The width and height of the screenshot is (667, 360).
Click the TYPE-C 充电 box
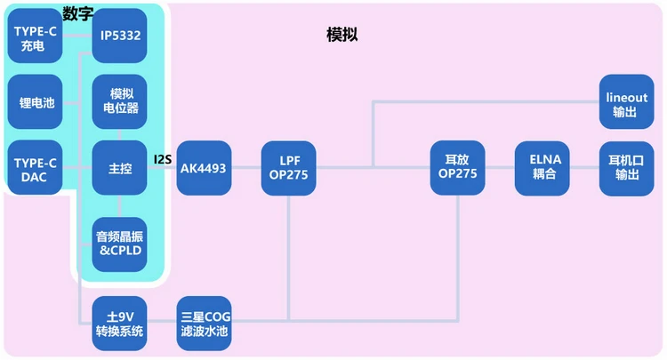(x=35, y=36)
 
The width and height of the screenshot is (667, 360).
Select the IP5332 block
(x=119, y=36)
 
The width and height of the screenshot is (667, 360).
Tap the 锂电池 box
(x=35, y=102)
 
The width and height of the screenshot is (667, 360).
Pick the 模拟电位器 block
(x=119, y=101)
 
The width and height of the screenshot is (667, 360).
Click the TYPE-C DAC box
(x=35, y=168)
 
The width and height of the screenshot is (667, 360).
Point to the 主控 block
(x=119, y=168)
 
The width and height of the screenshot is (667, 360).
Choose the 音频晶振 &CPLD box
(x=119, y=243)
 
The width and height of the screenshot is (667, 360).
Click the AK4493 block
(x=205, y=168)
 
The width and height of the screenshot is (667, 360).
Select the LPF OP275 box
(x=288, y=168)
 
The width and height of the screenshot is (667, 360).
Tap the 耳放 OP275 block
(x=457, y=168)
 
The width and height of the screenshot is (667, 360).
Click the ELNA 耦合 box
(x=542, y=168)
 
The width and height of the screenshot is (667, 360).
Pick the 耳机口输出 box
(x=626, y=168)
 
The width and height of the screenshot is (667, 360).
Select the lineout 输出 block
(x=626, y=103)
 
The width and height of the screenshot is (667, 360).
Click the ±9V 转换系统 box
(x=119, y=324)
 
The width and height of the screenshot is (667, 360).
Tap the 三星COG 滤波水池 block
(x=205, y=324)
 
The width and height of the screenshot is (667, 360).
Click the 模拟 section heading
(x=342, y=34)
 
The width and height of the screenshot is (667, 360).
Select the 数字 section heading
(x=78, y=12)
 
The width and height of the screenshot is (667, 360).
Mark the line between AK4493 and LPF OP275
(x=246, y=168)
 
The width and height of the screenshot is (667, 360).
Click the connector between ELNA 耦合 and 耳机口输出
(x=584, y=168)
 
